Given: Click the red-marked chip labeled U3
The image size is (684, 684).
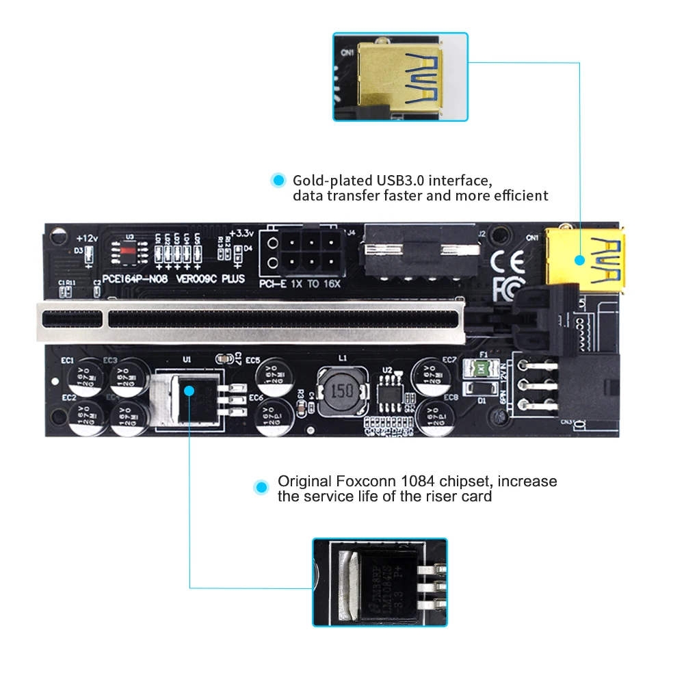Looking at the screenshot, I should point(128,251).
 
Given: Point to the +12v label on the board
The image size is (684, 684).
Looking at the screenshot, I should point(88,238).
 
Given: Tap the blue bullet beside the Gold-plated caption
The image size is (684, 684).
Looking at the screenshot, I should point(278,181).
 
